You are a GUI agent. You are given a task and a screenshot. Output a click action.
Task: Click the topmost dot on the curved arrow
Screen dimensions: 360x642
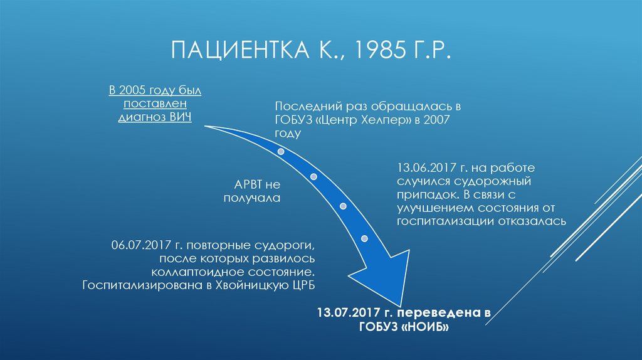[x=282, y=152]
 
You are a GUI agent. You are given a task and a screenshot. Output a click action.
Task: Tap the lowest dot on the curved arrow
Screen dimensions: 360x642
[x=364, y=238]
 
